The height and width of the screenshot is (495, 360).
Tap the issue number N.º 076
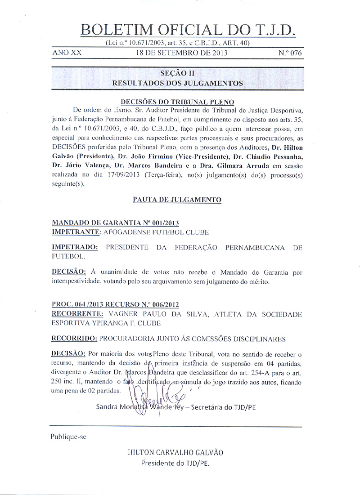click(290, 53)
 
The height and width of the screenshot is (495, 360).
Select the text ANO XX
click(67, 53)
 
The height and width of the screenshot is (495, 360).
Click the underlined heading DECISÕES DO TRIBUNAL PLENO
click(177, 102)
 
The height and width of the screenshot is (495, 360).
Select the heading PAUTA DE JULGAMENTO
click(177, 199)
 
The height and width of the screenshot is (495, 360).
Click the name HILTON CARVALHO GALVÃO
click(175, 452)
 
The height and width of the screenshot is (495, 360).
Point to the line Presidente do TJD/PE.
click(175, 463)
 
